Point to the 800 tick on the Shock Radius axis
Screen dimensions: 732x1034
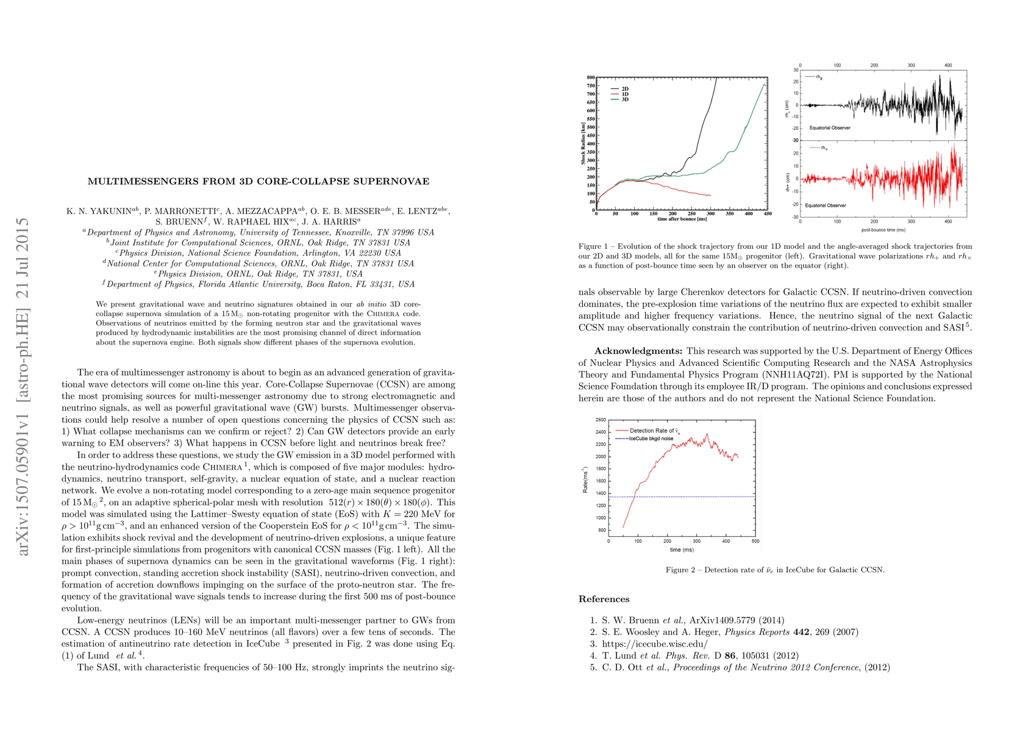pos(591,78)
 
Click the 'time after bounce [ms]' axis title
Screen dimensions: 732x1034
pos(682,219)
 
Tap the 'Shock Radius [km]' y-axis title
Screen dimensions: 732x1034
pos(583,144)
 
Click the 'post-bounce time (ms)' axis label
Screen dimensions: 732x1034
pos(883,230)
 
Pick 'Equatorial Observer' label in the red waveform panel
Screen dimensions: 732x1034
pos(825,206)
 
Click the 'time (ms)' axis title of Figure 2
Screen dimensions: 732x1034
pos(682,550)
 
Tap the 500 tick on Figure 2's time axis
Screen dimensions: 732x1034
pos(755,541)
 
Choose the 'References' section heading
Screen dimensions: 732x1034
pos(604,599)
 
